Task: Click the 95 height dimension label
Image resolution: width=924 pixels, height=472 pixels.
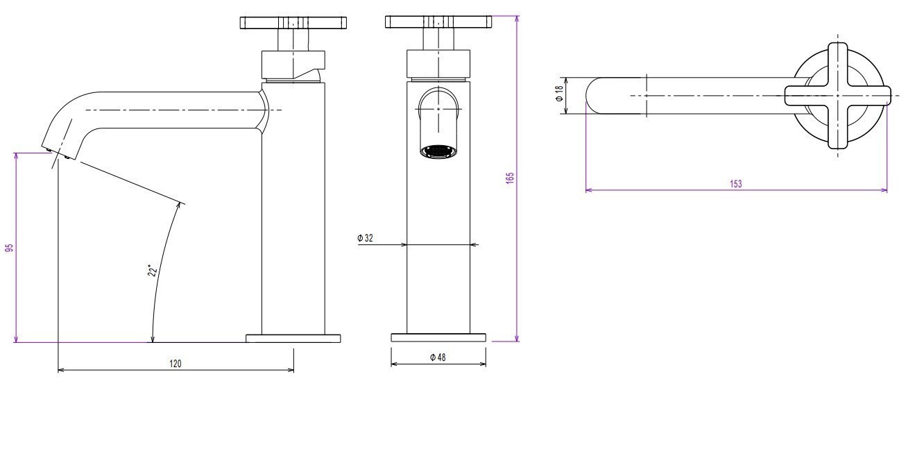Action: (10, 248)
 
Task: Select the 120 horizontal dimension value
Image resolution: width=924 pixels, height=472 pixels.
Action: (176, 364)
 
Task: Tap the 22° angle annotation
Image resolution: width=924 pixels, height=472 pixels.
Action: (153, 271)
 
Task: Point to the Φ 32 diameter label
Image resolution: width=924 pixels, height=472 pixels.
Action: (365, 238)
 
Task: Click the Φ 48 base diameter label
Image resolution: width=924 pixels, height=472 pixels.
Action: (438, 357)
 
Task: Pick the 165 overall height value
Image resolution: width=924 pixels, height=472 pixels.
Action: (510, 178)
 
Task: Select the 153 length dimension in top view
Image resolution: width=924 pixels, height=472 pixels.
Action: (736, 184)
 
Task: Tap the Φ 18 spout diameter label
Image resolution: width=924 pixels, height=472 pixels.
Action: (559, 94)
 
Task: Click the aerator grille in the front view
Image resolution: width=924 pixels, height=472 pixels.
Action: (438, 151)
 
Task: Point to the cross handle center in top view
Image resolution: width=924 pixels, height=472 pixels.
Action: (838, 96)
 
